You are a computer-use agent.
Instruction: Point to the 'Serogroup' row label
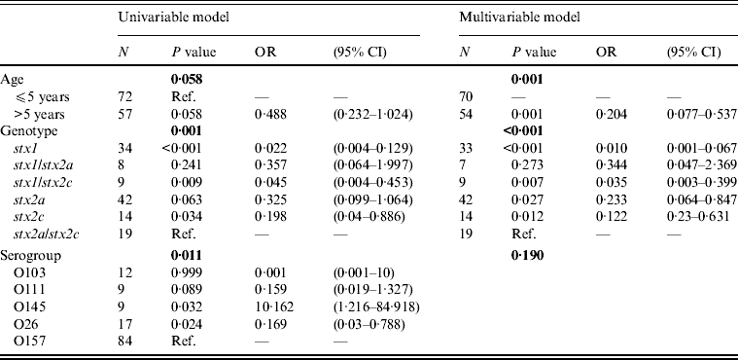(x=33, y=236)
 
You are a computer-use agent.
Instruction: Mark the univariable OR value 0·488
(x=269, y=114)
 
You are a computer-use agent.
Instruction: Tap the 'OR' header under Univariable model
(x=264, y=51)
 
